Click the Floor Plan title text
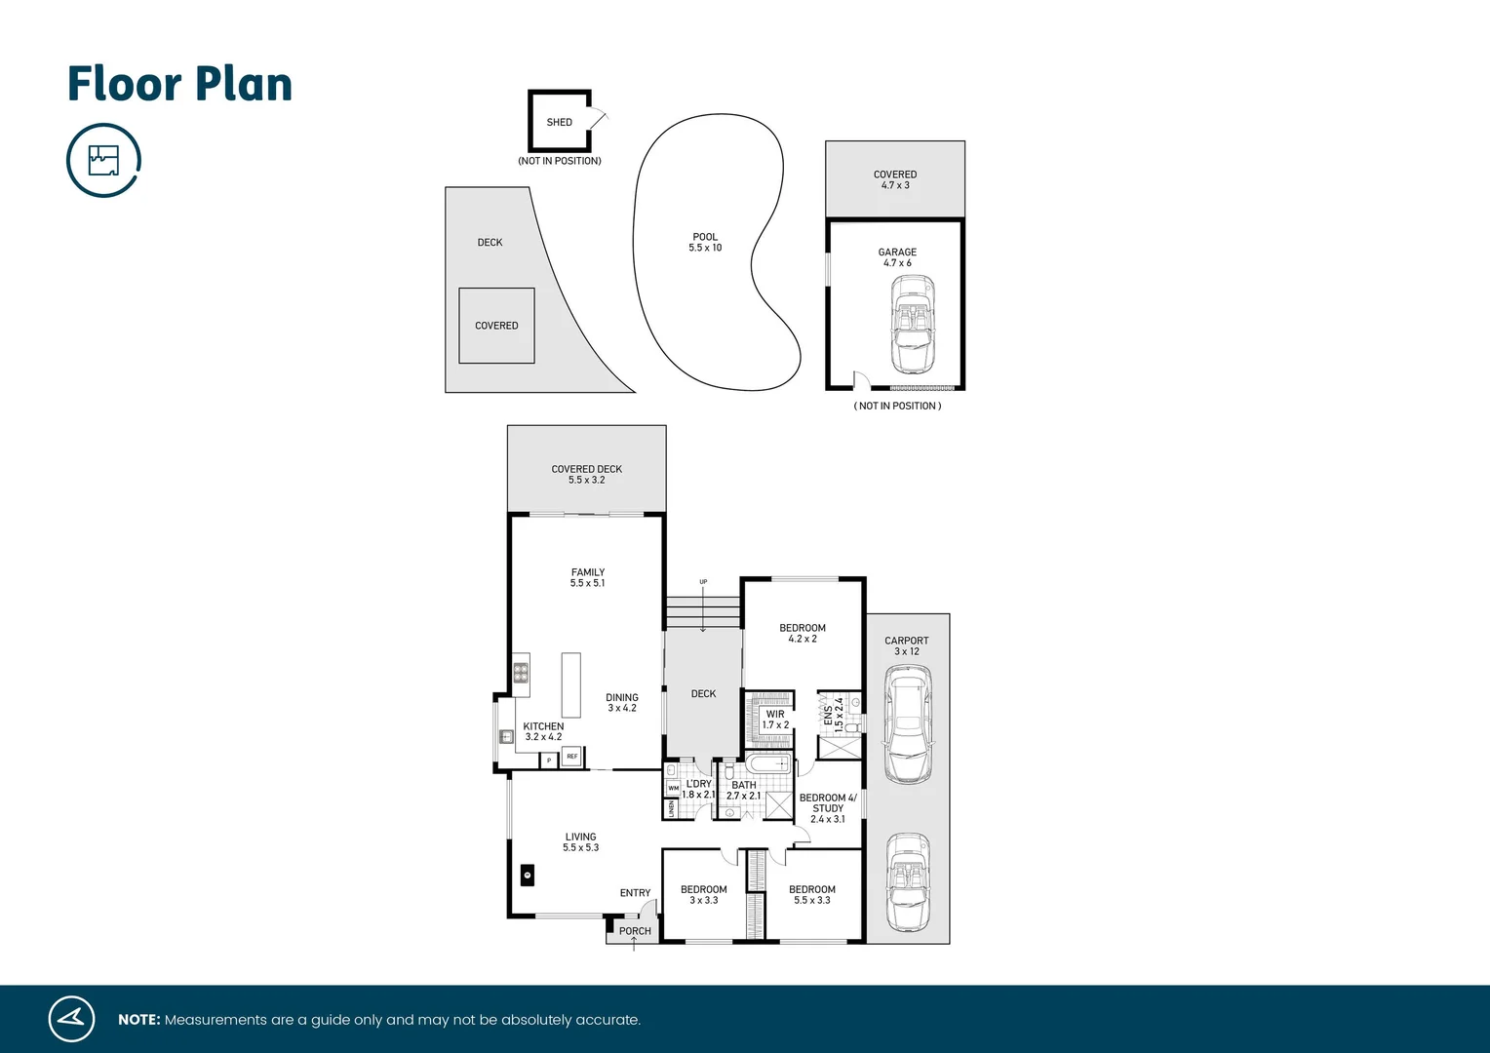(x=179, y=84)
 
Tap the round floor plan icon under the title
(x=103, y=160)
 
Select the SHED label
(x=559, y=122)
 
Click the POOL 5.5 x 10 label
(x=705, y=243)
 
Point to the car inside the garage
(x=912, y=324)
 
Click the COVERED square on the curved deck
(x=496, y=326)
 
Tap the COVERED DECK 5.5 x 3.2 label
(x=586, y=475)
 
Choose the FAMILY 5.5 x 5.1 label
(x=587, y=578)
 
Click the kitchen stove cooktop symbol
(x=521, y=671)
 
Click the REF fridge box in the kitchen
(x=572, y=757)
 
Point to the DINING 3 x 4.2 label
(x=621, y=703)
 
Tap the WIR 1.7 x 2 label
(x=775, y=720)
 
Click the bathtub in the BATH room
(x=768, y=764)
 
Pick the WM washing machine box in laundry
(x=673, y=788)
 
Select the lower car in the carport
(x=908, y=882)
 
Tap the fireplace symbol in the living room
(x=527, y=876)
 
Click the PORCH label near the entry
(x=635, y=931)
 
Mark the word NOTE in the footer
(x=138, y=1020)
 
